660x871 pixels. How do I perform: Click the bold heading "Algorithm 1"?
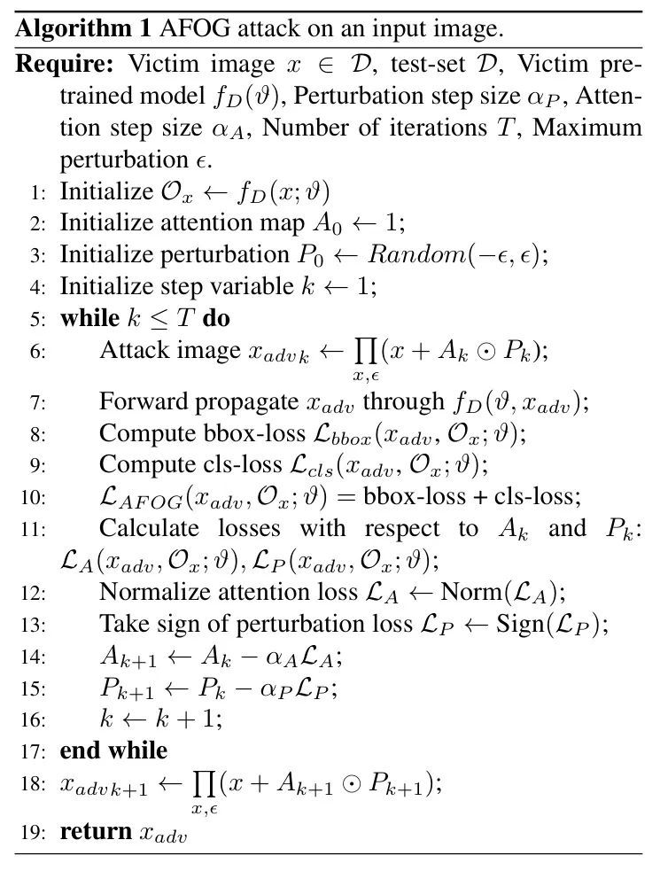[84, 28]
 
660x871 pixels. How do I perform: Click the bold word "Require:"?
[67, 66]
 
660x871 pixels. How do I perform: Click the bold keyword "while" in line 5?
[86, 317]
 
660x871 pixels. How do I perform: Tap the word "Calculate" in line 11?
[148, 529]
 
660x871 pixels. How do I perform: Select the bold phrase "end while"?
[113, 750]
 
